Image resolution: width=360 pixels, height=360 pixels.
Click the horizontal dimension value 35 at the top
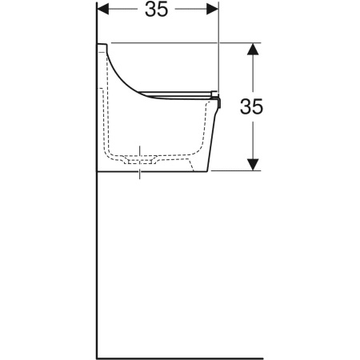156,10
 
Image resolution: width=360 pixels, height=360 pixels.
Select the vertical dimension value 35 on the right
251,106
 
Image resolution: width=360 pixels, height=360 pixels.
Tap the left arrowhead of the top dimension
103,10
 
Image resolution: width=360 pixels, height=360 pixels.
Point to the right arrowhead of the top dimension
213,10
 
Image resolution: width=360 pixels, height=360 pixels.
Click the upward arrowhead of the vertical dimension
253,50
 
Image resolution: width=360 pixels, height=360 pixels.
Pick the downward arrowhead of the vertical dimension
253,165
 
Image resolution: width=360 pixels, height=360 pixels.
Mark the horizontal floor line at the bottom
180,358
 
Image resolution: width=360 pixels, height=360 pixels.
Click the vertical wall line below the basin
97,266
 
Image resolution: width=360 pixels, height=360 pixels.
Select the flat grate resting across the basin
176,94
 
